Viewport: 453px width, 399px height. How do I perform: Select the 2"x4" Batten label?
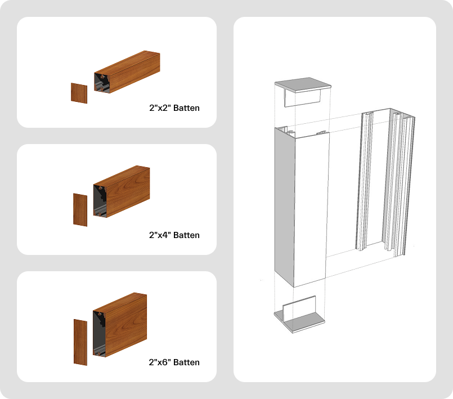click(x=174, y=235)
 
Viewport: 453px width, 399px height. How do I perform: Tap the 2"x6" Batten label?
click(x=174, y=362)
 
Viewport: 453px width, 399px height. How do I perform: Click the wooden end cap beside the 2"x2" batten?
click(x=79, y=93)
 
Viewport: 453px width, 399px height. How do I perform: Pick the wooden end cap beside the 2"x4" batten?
click(x=80, y=210)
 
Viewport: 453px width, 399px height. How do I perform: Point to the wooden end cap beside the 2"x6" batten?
click(x=80, y=342)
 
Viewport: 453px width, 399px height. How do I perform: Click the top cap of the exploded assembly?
click(x=302, y=84)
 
